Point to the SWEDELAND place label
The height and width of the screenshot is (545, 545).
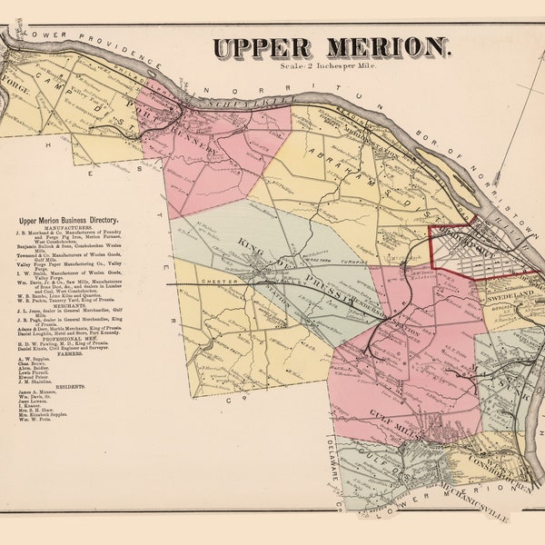[515, 296]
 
